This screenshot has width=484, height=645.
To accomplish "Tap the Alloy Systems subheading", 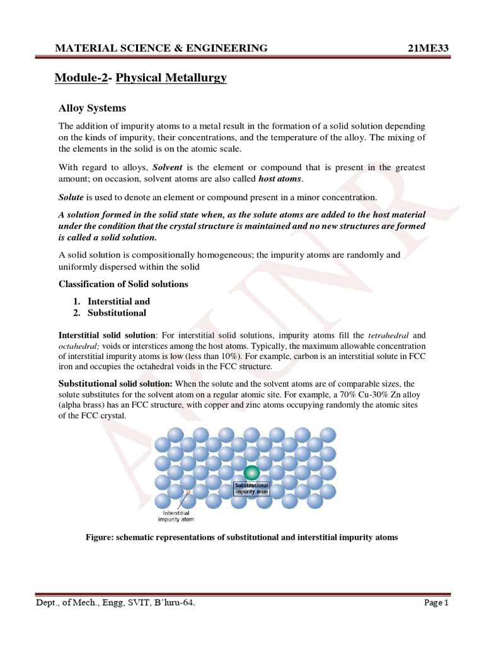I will pyautogui.click(x=92, y=108).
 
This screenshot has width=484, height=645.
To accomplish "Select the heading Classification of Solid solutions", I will pyautogui.click(x=124, y=284).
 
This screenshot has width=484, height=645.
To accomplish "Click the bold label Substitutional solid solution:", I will pyautogui.click(x=115, y=383).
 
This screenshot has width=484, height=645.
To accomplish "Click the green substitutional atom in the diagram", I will pyautogui.click(x=251, y=472).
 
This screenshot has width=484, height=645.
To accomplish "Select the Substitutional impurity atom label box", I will pyautogui.click(x=251, y=489).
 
